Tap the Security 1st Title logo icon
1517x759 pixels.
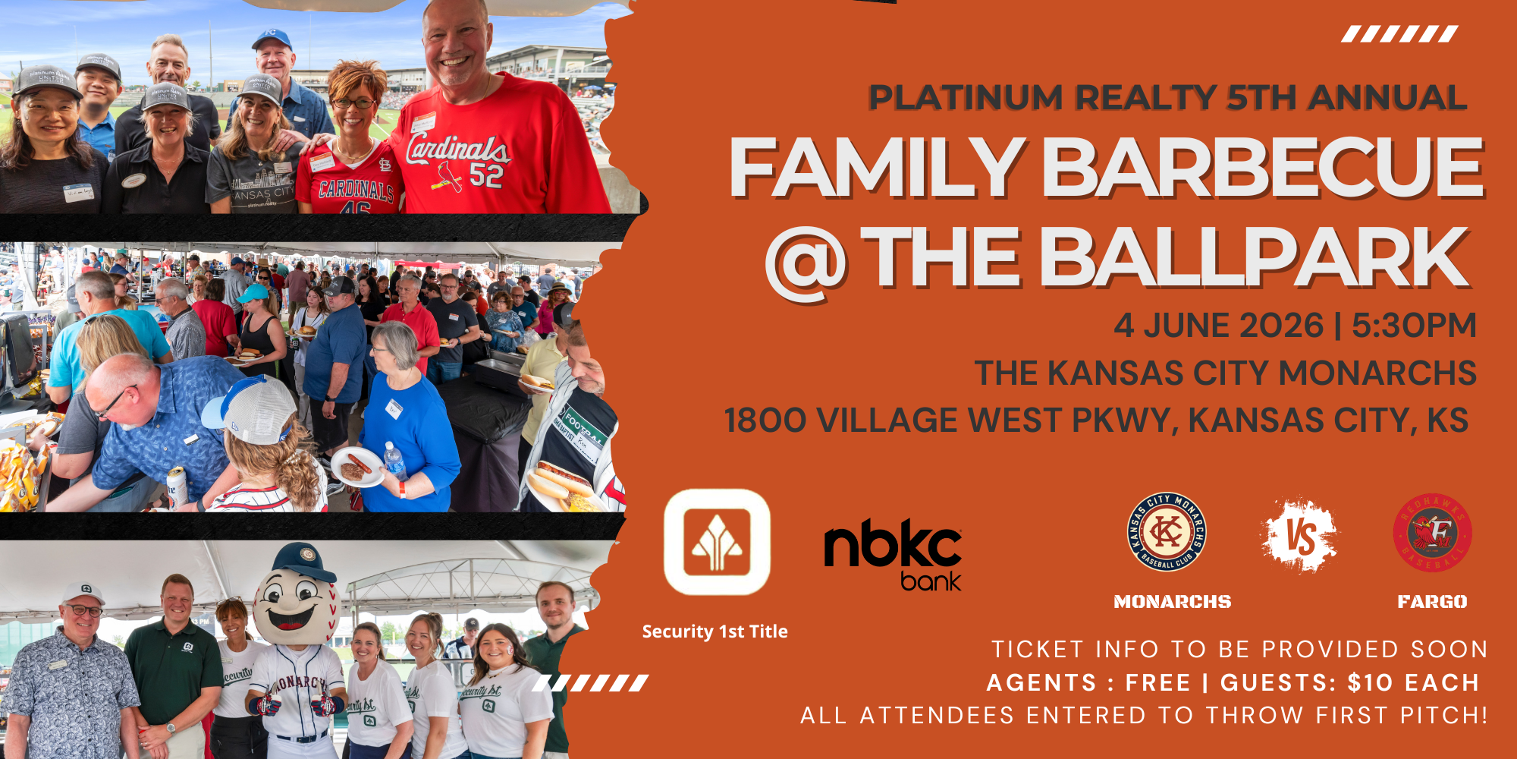pyautogui.click(x=717, y=542)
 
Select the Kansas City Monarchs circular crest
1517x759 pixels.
pyautogui.click(x=1167, y=531)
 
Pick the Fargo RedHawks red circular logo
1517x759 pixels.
pyautogui.click(x=1432, y=533)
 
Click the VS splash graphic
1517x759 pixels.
pyautogui.click(x=1300, y=536)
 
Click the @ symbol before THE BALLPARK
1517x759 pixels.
pyautogui.click(x=806, y=262)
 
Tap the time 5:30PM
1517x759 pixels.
pyautogui.click(x=1414, y=326)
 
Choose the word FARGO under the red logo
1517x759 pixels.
pyautogui.click(x=1432, y=602)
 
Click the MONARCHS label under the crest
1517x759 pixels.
pyautogui.click(x=1172, y=602)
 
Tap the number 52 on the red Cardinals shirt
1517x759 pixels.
pyautogui.click(x=486, y=175)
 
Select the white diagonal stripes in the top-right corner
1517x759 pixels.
pyautogui.click(x=1399, y=34)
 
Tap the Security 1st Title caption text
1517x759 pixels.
pyautogui.click(x=715, y=631)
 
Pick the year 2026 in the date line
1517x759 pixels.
pyautogui.click(x=1280, y=326)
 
